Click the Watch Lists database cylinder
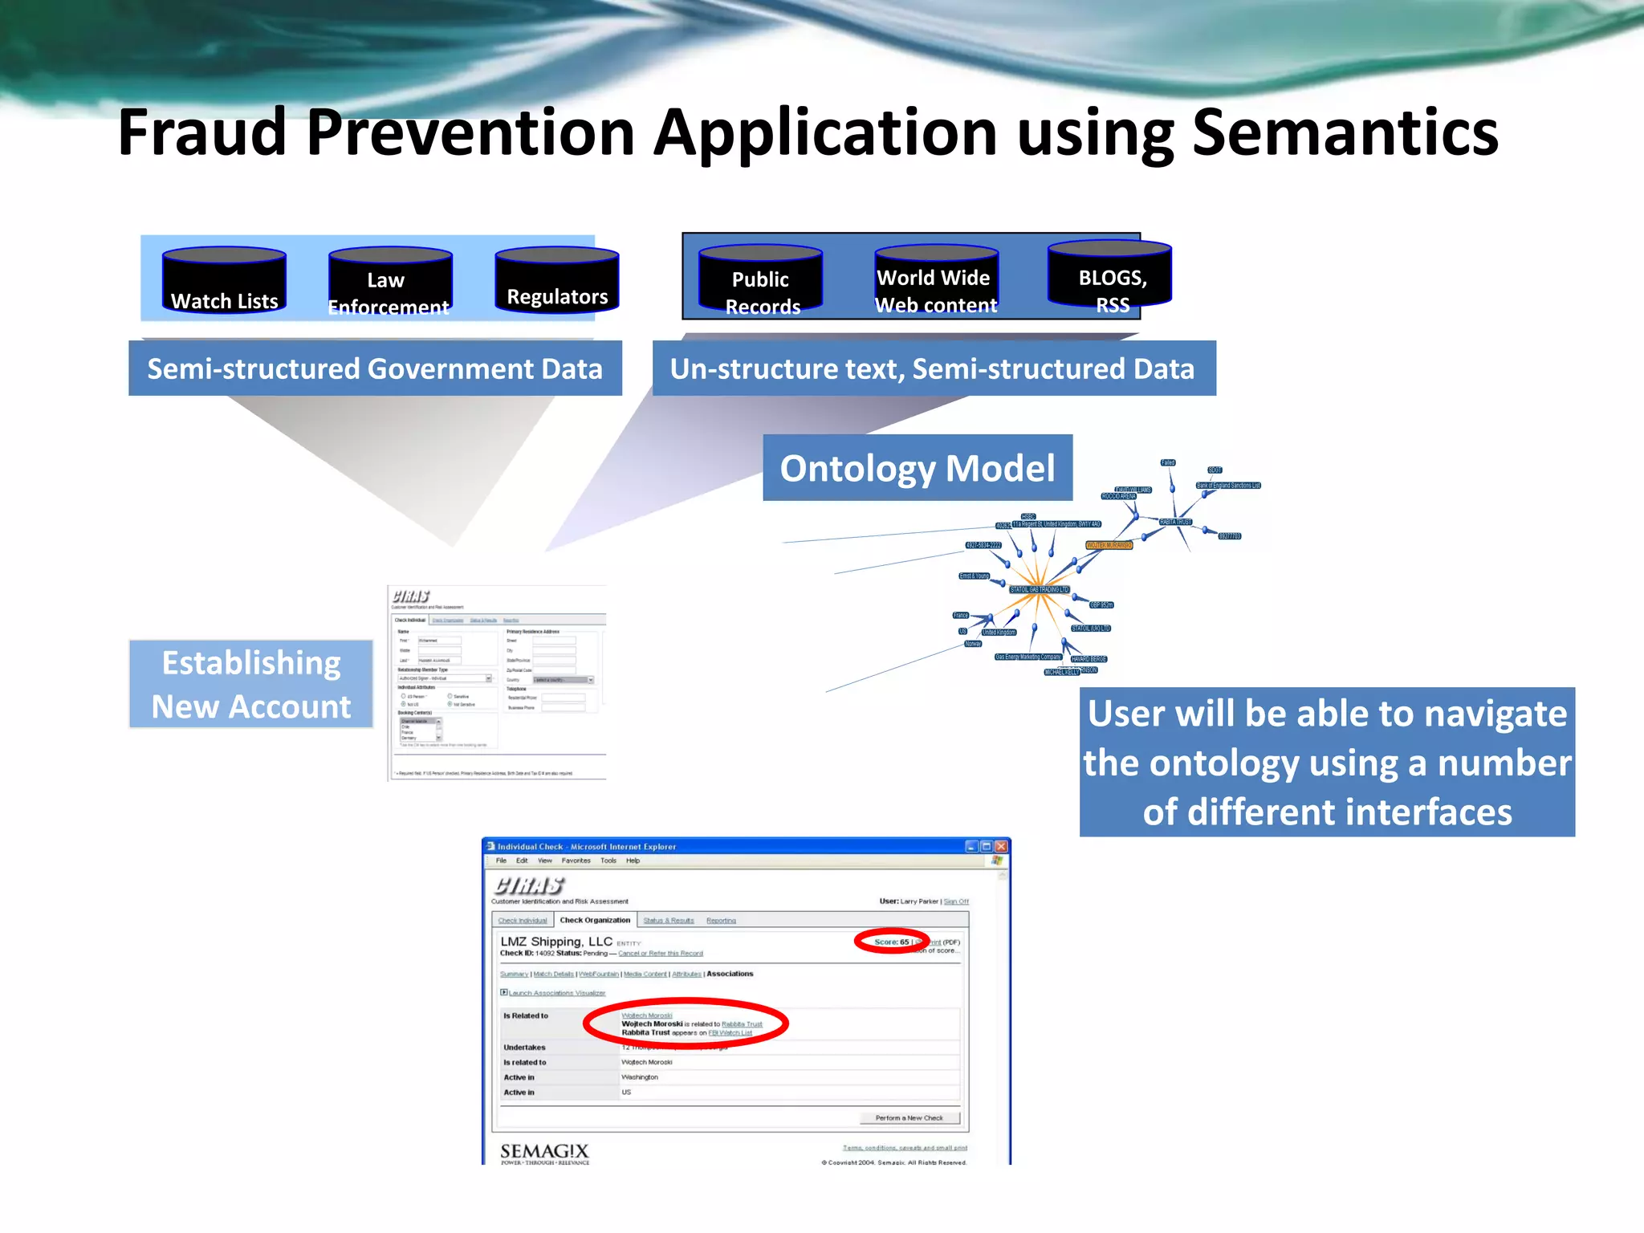[x=224, y=280]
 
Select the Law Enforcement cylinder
[x=390, y=282]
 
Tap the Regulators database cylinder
[x=557, y=281]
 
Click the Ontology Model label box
[x=917, y=468]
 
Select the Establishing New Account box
[x=251, y=684]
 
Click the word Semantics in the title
[x=1345, y=132]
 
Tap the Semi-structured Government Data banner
[x=375, y=368]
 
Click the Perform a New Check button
[x=909, y=1117]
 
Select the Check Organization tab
[x=595, y=920]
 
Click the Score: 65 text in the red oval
[x=891, y=942]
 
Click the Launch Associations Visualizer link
[x=556, y=993]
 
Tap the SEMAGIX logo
[x=544, y=1153]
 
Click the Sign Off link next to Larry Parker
[x=956, y=901]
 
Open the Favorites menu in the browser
[x=576, y=861]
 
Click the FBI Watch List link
[x=730, y=1033]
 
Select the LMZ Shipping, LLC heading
[x=556, y=942]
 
